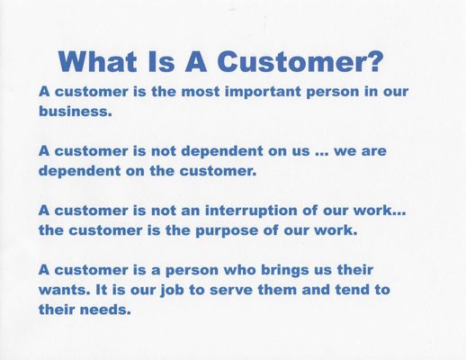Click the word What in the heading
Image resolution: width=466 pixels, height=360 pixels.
(x=98, y=61)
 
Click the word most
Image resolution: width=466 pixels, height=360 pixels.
(x=201, y=92)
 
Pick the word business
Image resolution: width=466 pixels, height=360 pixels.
(x=76, y=111)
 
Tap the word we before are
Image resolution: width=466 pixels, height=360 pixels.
(x=344, y=151)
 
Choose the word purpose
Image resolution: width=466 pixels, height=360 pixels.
(x=227, y=231)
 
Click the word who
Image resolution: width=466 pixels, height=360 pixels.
(x=240, y=270)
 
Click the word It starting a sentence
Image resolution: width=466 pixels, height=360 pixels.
(x=102, y=290)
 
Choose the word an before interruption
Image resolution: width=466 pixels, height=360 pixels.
(x=191, y=211)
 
